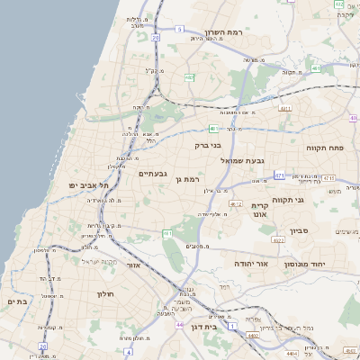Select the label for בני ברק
[x=208, y=144]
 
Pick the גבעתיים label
[x=152, y=174]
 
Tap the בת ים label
[x=17, y=301]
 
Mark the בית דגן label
[x=206, y=328]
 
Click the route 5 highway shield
[x=179, y=30]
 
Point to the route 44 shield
[x=179, y=324]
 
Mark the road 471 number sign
[x=280, y=175]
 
